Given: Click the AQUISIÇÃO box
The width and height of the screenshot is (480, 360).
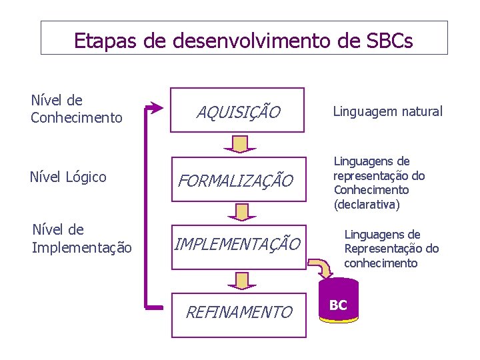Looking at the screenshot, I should click(x=238, y=111).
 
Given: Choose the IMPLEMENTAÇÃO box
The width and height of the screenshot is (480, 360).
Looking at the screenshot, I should click(x=237, y=245).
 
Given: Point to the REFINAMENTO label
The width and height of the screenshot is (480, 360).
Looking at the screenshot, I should click(x=239, y=312).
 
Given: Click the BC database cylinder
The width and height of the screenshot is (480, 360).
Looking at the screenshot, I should click(x=339, y=305).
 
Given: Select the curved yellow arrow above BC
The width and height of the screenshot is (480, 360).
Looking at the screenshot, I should click(x=323, y=266).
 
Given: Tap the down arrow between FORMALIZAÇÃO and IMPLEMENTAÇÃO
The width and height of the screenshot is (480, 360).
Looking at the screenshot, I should click(x=237, y=211).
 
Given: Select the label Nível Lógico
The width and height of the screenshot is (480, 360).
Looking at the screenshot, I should click(x=68, y=177).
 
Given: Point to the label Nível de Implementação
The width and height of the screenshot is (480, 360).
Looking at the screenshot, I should click(x=81, y=239).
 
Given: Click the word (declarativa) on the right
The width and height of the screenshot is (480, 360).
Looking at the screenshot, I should click(x=367, y=205).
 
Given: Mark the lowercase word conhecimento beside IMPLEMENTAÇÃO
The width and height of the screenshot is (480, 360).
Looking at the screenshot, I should click(x=381, y=263).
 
